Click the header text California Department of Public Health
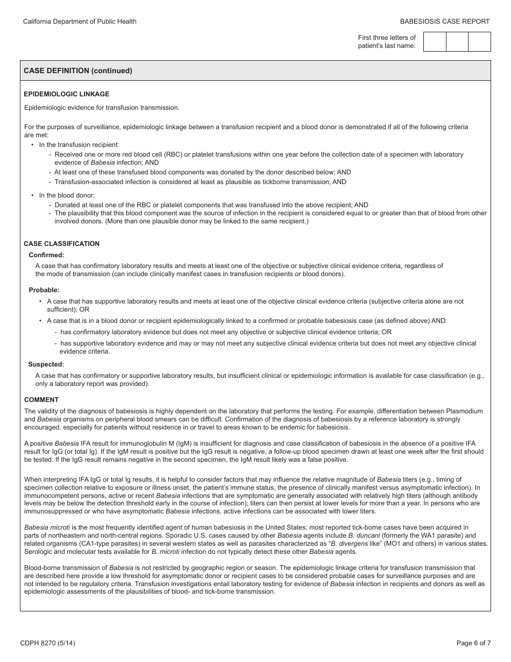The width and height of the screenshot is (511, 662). pos(80,22)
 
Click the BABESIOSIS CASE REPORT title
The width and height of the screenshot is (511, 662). pos(445,22)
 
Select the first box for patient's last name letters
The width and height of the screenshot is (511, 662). pos(435,41)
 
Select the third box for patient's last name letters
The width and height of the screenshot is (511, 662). pos(479,41)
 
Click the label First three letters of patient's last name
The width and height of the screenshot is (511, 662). pos(387,41)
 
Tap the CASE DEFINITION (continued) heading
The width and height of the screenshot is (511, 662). pos(78,71)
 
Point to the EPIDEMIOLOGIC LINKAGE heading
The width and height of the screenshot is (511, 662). pos(67,94)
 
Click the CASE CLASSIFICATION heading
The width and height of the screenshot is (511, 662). pos(62,244)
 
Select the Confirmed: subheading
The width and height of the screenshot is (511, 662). pos(46,255)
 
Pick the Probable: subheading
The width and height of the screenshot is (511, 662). pos(44,290)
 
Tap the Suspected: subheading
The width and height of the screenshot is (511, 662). pos(46,364)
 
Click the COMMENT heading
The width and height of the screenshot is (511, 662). pos(41,400)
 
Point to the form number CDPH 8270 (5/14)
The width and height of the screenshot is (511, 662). pos(47,643)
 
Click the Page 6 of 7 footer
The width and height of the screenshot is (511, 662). pos(473,643)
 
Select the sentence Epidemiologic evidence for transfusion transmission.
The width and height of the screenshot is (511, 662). pos(102,108)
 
